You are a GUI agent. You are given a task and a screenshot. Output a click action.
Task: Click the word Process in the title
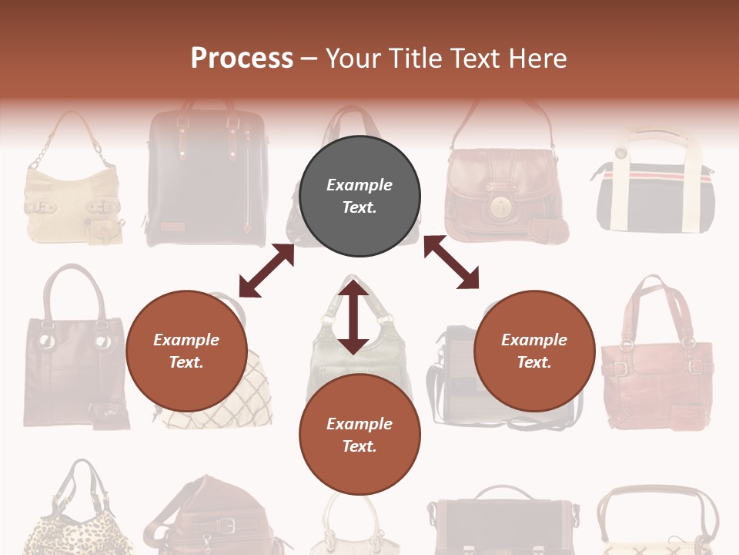point(242,59)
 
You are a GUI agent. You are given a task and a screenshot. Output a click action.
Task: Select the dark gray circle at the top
point(359,196)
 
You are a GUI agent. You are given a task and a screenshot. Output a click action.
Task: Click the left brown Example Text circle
point(186,351)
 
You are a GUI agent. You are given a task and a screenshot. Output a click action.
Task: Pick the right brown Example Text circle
point(534,351)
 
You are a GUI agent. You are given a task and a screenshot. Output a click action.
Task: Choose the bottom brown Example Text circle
point(359,435)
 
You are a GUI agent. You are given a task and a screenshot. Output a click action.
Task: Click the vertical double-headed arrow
point(353,317)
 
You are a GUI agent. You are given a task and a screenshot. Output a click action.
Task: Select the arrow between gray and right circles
point(451,263)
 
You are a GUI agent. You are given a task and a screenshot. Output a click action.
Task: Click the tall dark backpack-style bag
point(207,177)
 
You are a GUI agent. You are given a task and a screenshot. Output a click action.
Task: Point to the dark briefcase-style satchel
point(504,524)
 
